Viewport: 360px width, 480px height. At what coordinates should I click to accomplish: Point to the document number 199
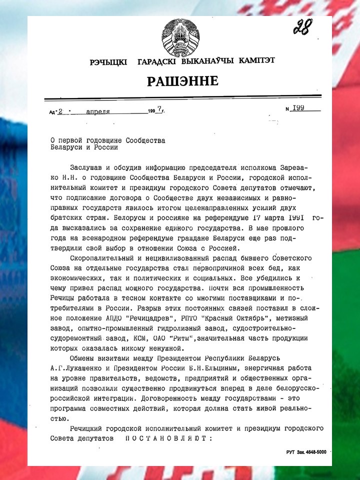point(298,108)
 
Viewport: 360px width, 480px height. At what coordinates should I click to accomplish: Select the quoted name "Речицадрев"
point(176,318)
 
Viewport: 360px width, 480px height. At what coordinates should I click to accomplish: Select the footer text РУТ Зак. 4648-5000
point(306,451)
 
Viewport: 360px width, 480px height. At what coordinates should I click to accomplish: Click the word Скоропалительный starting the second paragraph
point(98,257)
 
